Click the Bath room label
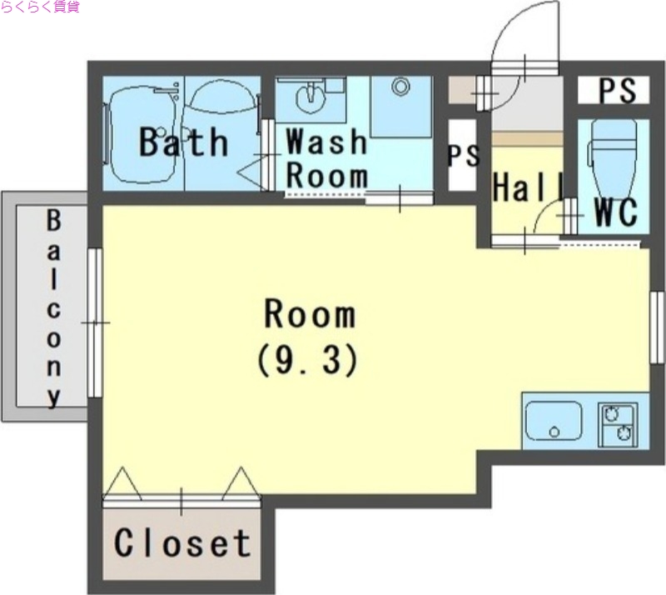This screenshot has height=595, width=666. click(183, 142)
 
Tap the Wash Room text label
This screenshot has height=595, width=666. click(326, 158)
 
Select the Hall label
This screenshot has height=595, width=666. click(528, 187)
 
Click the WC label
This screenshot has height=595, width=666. click(616, 212)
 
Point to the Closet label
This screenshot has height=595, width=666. click(182, 543)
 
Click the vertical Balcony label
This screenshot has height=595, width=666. click(53, 309)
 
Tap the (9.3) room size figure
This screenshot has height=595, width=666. click(306, 360)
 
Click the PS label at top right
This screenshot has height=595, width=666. click(618, 90)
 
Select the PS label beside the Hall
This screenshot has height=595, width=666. click(464, 156)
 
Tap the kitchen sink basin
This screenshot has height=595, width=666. click(554, 421)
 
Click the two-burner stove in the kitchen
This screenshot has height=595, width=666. click(618, 424)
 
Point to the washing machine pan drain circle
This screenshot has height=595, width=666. click(400, 87)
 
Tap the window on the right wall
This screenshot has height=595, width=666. click(658, 327)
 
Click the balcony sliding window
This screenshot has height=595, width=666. click(95, 322)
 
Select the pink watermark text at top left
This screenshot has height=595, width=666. click(40, 7)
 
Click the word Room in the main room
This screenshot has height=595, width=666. click(310, 314)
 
